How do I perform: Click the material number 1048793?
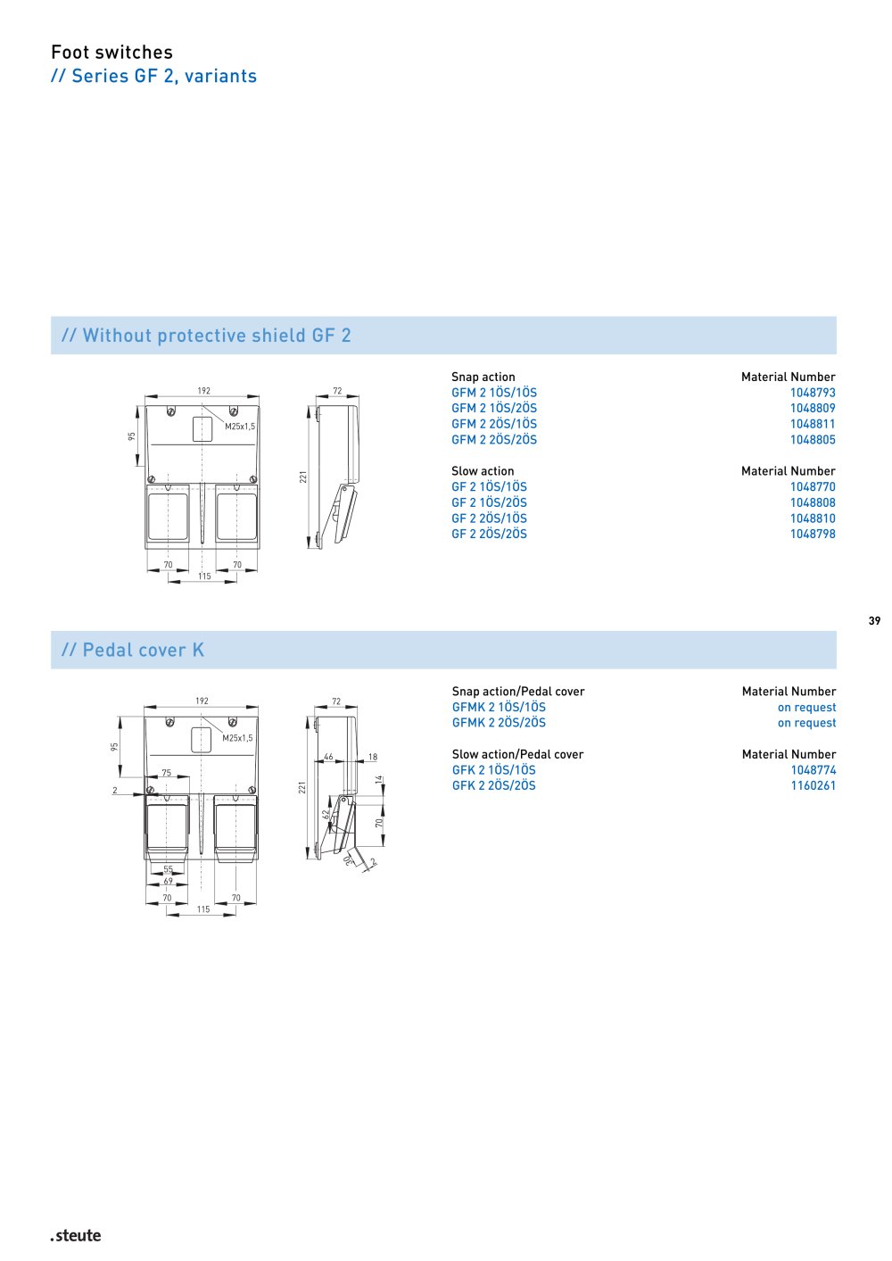pos(812,393)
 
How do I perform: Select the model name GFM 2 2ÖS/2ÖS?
pos(493,440)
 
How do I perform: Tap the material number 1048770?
pos(812,486)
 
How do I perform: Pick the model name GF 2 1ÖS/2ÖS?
pos(489,502)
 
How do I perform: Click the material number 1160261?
pos(814,785)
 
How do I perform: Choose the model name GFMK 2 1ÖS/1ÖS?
pos(499,707)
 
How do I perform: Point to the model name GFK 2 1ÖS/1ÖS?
pos(493,770)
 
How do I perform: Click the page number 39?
pos(874,620)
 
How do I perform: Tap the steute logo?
pos(76,1236)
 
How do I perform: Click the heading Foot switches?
pos(112,53)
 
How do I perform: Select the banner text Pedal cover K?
pos(143,651)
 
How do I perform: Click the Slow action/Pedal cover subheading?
pos(517,754)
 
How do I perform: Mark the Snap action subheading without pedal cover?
pos(483,377)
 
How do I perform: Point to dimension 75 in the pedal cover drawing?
pos(167,772)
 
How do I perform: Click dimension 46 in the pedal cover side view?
pos(328,757)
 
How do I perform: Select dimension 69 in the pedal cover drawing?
pos(169,881)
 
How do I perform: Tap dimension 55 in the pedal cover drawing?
pos(169,869)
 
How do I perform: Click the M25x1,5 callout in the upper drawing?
pos(240,427)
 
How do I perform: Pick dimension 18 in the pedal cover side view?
pos(373,757)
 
